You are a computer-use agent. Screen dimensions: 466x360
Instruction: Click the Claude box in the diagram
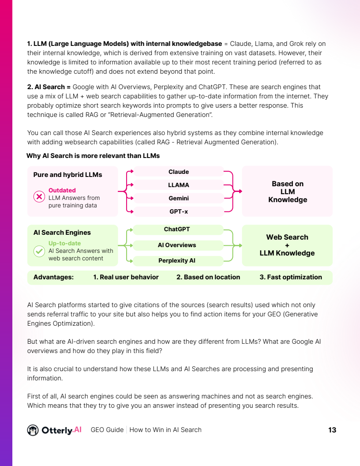coord(178,172)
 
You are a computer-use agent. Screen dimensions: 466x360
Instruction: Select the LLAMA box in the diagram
coord(178,185)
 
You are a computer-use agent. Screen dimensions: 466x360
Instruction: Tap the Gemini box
coord(178,199)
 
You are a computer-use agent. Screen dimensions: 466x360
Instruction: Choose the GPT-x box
coord(178,212)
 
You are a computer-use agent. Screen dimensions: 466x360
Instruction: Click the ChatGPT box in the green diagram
coord(176,229)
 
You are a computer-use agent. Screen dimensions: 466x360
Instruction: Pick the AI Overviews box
coord(176,245)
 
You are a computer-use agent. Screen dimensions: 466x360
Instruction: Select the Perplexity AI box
coord(176,260)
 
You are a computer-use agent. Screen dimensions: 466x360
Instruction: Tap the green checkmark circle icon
coord(39,251)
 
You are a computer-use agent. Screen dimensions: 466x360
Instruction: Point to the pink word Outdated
coord(62,191)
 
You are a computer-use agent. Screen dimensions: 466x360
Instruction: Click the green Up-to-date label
coord(64,243)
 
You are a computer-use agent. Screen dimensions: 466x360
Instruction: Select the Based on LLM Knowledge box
coord(287,192)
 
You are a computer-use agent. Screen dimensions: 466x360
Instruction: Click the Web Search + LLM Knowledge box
coord(287,245)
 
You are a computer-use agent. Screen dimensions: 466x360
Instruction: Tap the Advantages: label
coord(53,277)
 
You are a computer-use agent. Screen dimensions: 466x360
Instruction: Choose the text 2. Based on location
coord(208,277)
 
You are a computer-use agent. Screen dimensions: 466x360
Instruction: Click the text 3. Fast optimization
coord(291,277)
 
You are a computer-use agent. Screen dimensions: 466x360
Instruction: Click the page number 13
coord(332,430)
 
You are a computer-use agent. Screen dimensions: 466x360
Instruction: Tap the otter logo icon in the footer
coord(33,430)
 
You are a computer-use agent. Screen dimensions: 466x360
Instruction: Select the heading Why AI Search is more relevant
coord(93,156)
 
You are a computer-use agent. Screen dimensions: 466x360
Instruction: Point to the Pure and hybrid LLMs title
coord(67,175)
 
